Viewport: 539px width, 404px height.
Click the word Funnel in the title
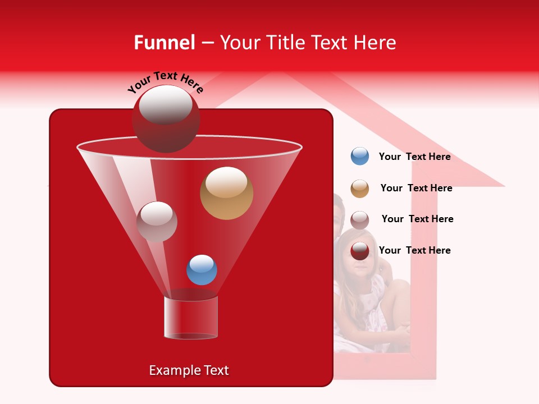click(164, 43)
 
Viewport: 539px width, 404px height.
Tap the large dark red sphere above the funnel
click(166, 118)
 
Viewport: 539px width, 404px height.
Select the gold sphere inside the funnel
click(226, 193)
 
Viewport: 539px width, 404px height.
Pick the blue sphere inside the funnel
click(202, 270)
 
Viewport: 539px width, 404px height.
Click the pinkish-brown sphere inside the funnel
click(157, 222)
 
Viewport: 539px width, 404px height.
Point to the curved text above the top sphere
click(166, 82)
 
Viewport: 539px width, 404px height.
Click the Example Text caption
click(189, 370)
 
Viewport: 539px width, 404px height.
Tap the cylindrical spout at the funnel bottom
click(191, 318)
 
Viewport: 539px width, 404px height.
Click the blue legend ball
click(360, 157)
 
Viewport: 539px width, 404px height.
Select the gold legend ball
click(360, 189)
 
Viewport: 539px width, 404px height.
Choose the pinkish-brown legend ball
click(360, 220)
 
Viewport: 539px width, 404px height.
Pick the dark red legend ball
click(360, 251)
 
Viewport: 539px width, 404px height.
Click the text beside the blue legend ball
click(414, 157)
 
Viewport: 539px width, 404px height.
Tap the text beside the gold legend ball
click(416, 189)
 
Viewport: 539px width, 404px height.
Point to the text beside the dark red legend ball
click(414, 250)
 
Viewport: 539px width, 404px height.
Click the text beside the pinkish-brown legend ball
click(417, 219)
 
